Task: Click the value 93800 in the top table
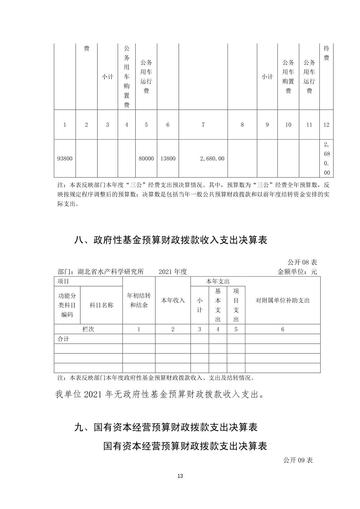click(x=65, y=159)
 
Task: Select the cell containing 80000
click(x=146, y=159)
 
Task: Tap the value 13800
click(x=168, y=159)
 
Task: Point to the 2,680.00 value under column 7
click(x=212, y=159)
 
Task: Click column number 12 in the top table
click(x=326, y=125)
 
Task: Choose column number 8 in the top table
click(x=242, y=125)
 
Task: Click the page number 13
click(x=180, y=476)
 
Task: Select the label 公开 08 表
click(x=302, y=262)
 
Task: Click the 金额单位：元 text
click(x=297, y=272)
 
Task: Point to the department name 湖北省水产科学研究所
click(x=111, y=272)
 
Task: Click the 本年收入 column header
click(x=173, y=300)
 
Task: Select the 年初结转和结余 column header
click(x=139, y=300)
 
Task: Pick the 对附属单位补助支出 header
click(x=283, y=300)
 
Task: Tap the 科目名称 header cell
click(x=101, y=305)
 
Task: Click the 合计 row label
click(x=63, y=339)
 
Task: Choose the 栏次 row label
click(x=88, y=329)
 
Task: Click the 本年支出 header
click(x=218, y=281)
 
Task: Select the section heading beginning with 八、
click(x=171, y=240)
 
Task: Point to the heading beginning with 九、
click(x=166, y=427)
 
